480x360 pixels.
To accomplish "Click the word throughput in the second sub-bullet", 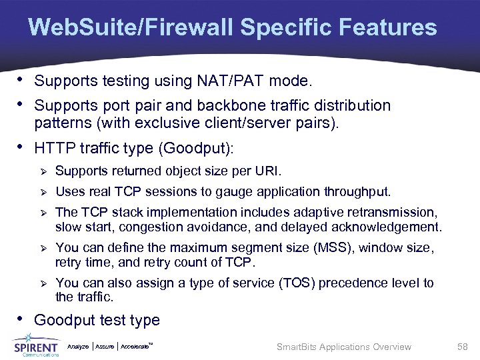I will [357, 192].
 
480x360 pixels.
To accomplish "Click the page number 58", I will [463, 347].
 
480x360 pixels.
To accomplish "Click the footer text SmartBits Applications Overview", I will [343, 347].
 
